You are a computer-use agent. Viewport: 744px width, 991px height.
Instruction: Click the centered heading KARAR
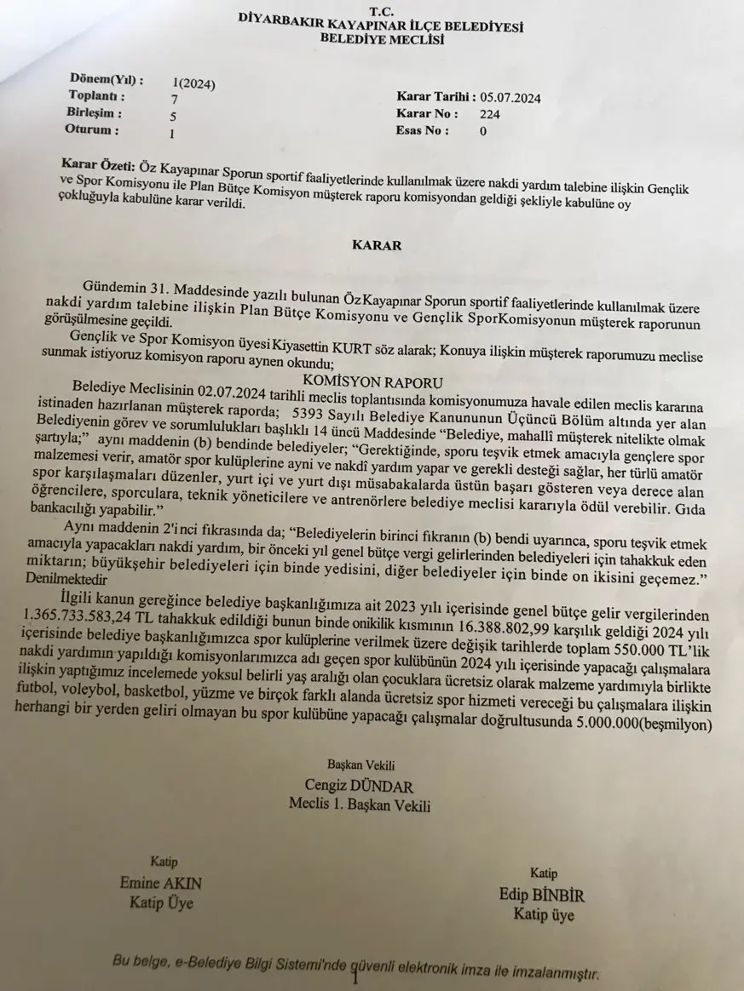(377, 244)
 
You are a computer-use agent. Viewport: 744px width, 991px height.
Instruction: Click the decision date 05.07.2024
(510, 97)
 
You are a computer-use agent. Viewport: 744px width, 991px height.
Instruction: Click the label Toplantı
(96, 96)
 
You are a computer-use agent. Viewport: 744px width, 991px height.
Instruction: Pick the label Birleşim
(94, 112)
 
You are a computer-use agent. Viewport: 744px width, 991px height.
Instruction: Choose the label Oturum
(91, 130)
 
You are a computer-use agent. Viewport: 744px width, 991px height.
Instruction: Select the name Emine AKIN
(162, 883)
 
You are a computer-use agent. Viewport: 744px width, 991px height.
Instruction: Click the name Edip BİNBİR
(543, 896)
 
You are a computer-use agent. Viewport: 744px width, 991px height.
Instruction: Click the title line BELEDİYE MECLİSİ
(377, 38)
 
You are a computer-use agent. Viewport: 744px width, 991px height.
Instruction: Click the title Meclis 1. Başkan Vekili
(360, 803)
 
